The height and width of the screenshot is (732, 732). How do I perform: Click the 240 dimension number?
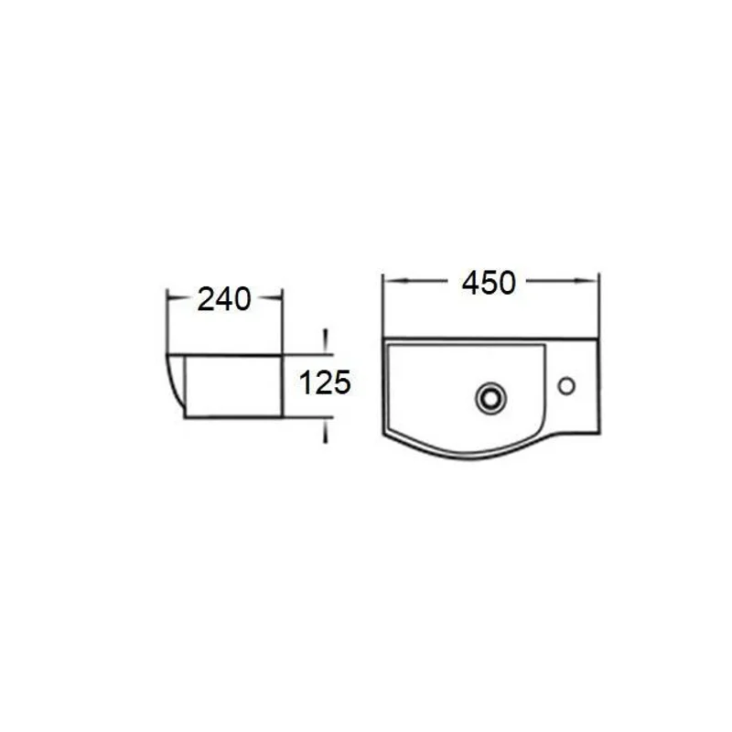[x=224, y=299]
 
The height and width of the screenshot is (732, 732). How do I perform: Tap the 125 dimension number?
[x=326, y=382]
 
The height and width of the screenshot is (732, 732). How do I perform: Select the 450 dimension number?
[x=489, y=283]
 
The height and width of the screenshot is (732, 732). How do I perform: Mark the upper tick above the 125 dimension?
[x=324, y=341]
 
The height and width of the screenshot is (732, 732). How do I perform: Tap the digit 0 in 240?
[x=241, y=299]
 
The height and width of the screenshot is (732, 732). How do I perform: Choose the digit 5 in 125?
[x=341, y=382]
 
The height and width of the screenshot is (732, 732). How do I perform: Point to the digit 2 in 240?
[x=207, y=299]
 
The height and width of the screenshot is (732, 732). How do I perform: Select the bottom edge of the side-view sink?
[x=233, y=418]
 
